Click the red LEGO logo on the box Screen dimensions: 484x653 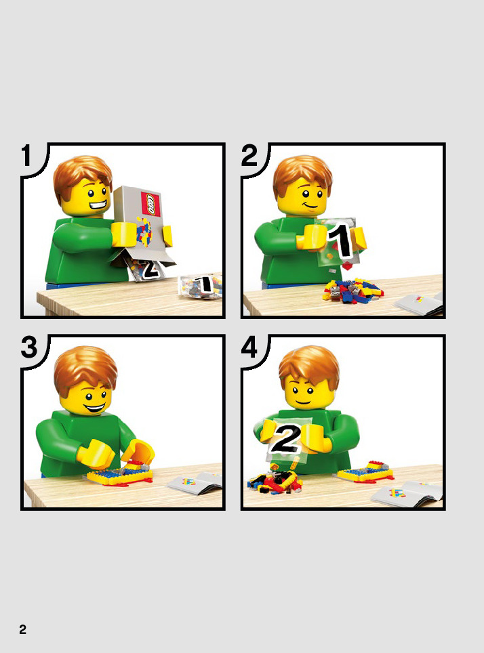(151, 204)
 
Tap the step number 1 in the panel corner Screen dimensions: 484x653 (26, 156)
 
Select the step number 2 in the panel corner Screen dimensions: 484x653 (249, 156)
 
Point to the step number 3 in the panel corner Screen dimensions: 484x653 (29, 347)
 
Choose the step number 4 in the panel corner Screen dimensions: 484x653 (249, 347)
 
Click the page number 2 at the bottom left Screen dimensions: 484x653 (23, 629)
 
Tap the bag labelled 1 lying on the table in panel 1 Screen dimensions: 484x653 (200, 286)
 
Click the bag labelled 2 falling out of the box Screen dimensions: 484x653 (146, 269)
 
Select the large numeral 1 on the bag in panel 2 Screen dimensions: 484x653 (342, 240)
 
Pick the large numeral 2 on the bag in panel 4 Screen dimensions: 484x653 (285, 438)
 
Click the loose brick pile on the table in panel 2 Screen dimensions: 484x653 (352, 291)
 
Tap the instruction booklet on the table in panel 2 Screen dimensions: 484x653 (418, 303)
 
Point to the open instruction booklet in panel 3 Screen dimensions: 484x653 (195, 483)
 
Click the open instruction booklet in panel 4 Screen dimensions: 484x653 (407, 494)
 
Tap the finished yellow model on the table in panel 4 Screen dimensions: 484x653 (365, 471)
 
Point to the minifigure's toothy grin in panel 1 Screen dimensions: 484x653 (97, 205)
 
